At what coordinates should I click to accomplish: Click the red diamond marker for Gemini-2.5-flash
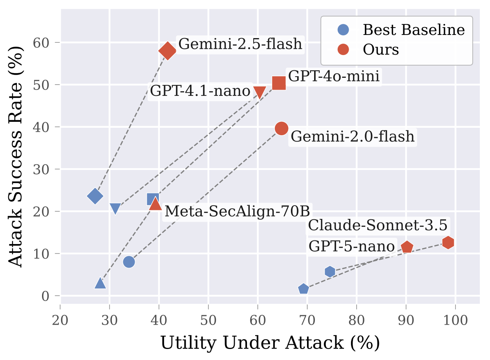(x=167, y=51)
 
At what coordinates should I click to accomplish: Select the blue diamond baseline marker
(x=95, y=196)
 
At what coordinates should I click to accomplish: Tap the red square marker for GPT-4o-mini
(x=279, y=83)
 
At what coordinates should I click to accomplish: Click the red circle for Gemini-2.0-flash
(x=282, y=128)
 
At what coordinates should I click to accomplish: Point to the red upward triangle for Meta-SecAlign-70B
(x=156, y=204)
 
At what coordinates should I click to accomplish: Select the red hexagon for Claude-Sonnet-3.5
(x=448, y=242)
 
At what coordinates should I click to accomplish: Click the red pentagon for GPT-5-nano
(x=407, y=247)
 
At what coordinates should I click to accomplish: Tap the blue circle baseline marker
(x=129, y=262)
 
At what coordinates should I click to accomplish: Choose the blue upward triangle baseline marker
(x=100, y=283)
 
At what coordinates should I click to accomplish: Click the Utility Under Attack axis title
(x=270, y=343)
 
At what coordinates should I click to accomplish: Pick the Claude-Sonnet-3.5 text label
(x=378, y=226)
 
